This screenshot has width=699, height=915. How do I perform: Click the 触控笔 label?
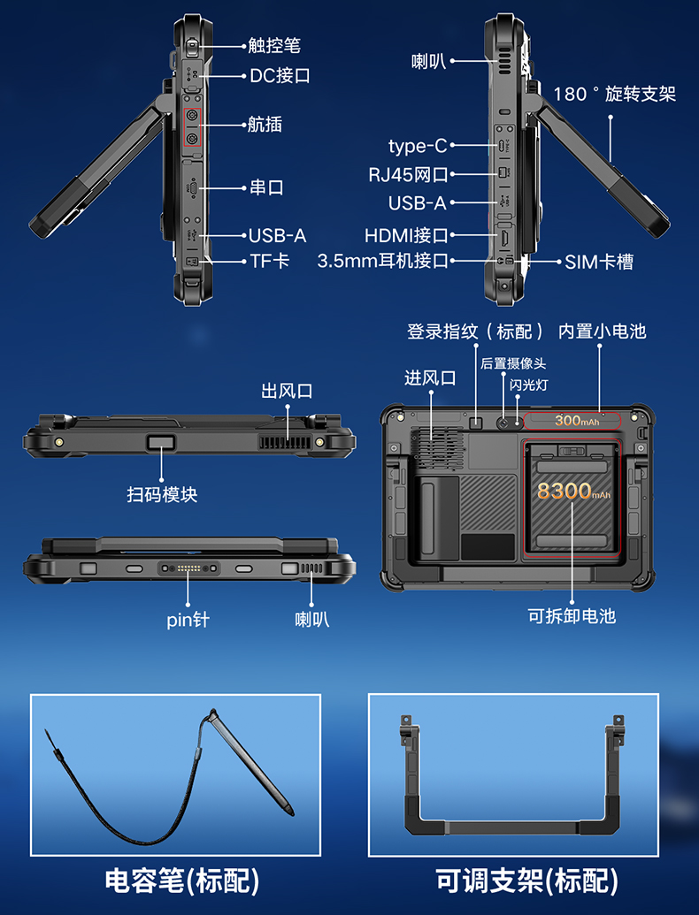point(274,45)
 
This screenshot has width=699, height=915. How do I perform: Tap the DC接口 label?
point(280,76)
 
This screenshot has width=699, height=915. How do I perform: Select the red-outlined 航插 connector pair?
point(192,127)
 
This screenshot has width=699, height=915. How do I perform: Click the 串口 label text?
point(266,187)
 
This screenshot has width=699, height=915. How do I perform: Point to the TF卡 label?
point(269,261)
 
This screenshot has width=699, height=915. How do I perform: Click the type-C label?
point(418,146)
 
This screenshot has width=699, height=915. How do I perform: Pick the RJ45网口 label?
point(408,174)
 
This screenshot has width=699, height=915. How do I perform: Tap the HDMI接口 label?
point(406,235)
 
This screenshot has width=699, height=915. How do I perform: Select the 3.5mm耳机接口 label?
point(382,261)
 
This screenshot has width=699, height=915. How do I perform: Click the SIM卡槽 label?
point(598,262)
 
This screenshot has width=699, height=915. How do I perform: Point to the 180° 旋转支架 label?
point(614,94)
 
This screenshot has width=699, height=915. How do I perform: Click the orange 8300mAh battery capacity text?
point(573,491)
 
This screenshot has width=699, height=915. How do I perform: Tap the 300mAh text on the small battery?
point(576,420)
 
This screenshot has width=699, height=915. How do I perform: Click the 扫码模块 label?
point(162,495)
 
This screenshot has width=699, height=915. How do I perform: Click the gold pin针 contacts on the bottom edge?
point(188,568)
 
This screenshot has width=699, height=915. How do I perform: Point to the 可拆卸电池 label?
point(572,615)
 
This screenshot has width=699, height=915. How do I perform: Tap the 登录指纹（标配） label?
point(475,332)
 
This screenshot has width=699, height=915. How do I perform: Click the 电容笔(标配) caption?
point(182,881)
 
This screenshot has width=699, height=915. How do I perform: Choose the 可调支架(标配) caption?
point(526,881)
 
